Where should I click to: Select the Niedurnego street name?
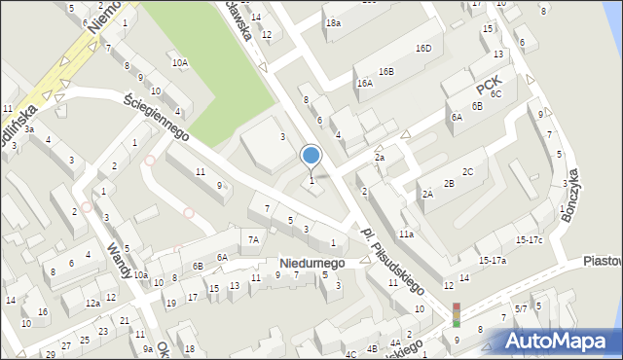[311, 263]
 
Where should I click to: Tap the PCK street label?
[488, 72]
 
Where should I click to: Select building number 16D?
[422, 48]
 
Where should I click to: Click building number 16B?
[386, 71]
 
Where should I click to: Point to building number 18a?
[334, 22]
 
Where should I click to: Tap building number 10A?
[179, 62]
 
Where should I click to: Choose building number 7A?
[253, 239]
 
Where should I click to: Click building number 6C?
[495, 93]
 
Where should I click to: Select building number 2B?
[449, 183]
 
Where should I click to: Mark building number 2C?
[467, 171]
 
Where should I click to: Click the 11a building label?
[405, 234]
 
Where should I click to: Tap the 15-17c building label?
[529, 239]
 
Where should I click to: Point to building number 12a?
[92, 304]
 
